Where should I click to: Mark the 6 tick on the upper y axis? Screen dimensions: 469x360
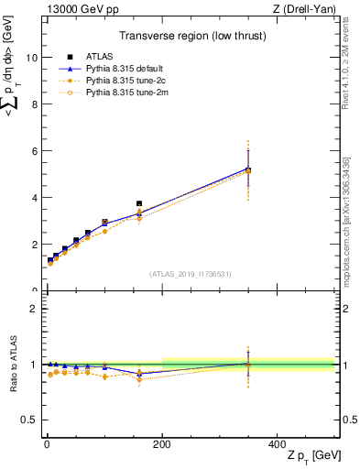coord(35,151)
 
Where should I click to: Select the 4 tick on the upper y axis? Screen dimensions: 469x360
coord(35,198)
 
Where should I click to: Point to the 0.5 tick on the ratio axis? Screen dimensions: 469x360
coord(30,420)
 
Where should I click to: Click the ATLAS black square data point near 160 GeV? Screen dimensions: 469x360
coord(139,203)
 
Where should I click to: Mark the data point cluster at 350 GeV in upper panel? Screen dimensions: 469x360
coord(248,169)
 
